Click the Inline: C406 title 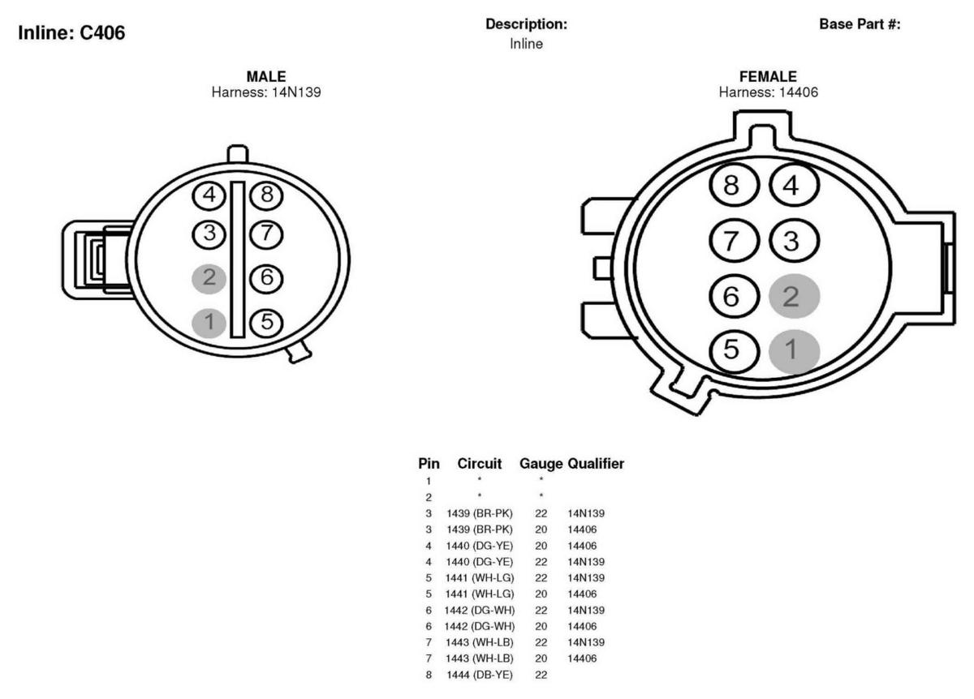click(71, 33)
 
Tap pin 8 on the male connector click(266, 195)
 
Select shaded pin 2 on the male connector click(209, 278)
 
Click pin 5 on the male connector click(266, 323)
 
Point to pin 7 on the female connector click(734, 241)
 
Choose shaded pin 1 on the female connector click(795, 351)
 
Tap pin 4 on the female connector click(795, 186)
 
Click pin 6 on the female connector click(734, 296)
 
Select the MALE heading click(266, 76)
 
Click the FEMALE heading click(768, 76)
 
